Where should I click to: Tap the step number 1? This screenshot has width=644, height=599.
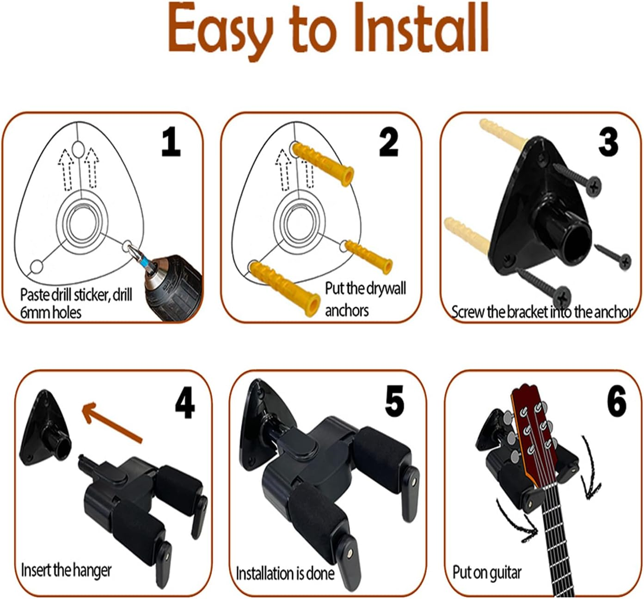click(171, 142)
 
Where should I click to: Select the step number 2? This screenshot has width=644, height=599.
click(388, 142)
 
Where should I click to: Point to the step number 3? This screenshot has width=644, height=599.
click(608, 142)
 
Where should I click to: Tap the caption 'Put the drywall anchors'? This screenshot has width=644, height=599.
click(365, 299)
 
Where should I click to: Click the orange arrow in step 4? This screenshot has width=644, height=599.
click(111, 422)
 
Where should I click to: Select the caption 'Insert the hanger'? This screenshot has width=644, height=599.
click(66, 570)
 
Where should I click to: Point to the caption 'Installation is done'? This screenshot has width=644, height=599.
click(285, 574)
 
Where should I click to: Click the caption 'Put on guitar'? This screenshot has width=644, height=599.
click(487, 573)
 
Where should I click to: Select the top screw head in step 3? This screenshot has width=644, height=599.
click(593, 185)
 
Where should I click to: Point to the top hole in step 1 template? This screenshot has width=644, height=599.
click(78, 149)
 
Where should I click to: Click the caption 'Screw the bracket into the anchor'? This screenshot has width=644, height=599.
click(541, 312)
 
